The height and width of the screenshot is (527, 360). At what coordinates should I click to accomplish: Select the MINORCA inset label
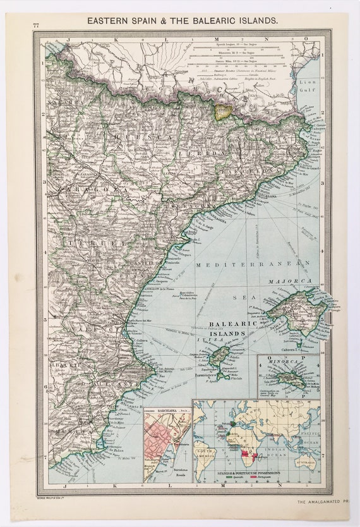pyautogui.click(x=283, y=363)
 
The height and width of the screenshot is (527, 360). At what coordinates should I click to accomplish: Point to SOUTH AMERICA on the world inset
pyautogui.click(x=212, y=454)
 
